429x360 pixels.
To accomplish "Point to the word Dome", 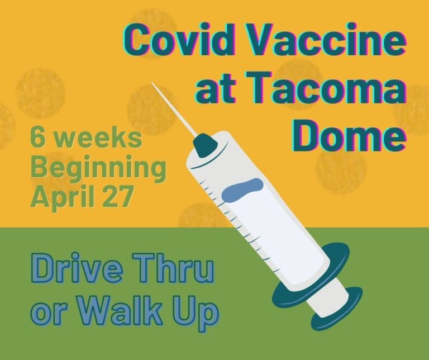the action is point(349,135).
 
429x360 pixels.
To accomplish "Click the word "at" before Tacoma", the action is point(215,89).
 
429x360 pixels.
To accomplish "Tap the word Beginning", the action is point(99,169).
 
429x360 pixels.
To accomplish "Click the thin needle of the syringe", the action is point(174,109).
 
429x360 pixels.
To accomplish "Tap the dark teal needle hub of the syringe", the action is point(205,145).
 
